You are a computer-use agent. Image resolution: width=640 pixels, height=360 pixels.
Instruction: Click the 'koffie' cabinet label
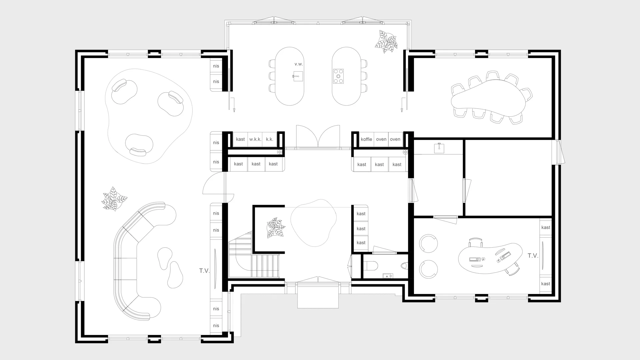pos(366,139)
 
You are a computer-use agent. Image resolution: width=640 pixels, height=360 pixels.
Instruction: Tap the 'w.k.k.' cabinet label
pos(255,139)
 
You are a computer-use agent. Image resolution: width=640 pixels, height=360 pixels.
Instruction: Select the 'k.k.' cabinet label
pos(270,139)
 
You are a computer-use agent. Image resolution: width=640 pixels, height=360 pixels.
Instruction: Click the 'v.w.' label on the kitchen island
pos(299,64)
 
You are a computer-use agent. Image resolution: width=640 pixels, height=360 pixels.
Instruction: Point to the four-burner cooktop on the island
pos(338,76)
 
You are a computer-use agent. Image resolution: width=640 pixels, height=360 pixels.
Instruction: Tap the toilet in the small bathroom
pos(370,266)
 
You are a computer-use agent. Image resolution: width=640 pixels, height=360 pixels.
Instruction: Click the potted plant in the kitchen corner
pos(387,42)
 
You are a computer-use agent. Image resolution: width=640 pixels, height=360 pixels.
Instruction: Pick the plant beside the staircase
pos(276,228)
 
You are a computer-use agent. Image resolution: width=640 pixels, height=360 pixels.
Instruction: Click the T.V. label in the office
pos(533,256)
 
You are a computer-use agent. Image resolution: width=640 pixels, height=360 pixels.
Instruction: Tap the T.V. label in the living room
pos(204,271)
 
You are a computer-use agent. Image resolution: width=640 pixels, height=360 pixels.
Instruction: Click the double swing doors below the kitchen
pos(318,136)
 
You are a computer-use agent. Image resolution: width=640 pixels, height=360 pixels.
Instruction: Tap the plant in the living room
pos(114,199)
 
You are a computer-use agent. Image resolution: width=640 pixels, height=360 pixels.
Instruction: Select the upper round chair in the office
pos(428,243)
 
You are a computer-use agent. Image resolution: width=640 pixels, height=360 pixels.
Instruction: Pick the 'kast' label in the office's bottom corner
pos(546,284)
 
